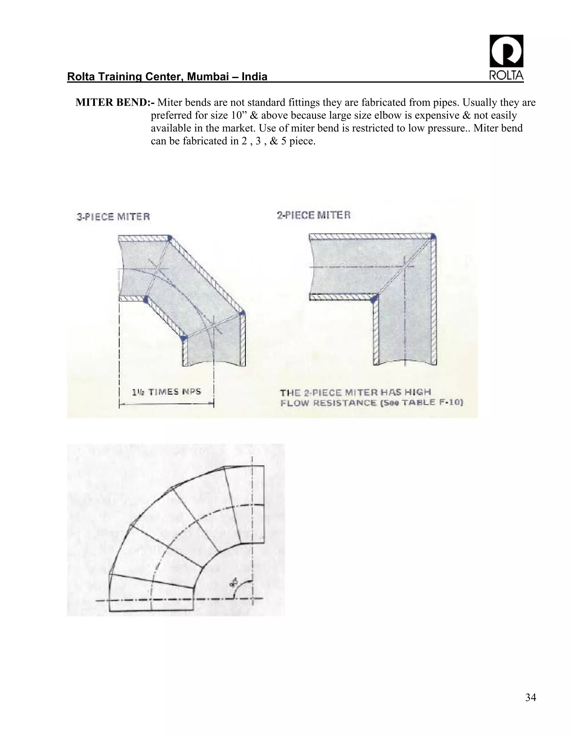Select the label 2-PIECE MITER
[314, 215]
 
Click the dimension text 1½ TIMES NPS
[166, 392]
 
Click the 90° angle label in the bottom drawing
[234, 583]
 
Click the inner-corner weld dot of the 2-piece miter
[374, 299]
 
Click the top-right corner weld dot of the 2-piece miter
[433, 237]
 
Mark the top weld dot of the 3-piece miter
[169, 238]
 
